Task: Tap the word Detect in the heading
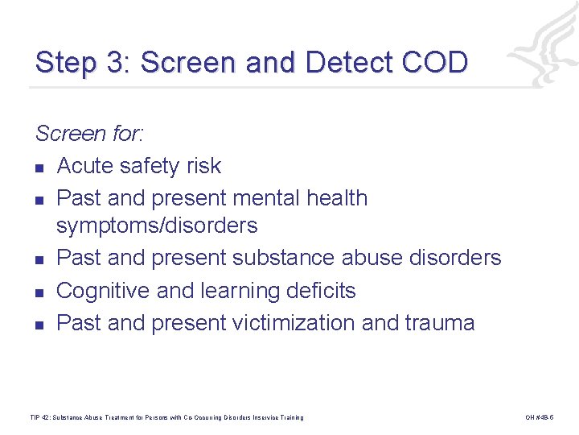point(352,63)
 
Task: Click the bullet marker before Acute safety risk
point(39,168)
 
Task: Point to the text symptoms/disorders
point(158,226)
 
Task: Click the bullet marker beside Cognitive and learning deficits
point(39,292)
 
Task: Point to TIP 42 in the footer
point(39,417)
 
